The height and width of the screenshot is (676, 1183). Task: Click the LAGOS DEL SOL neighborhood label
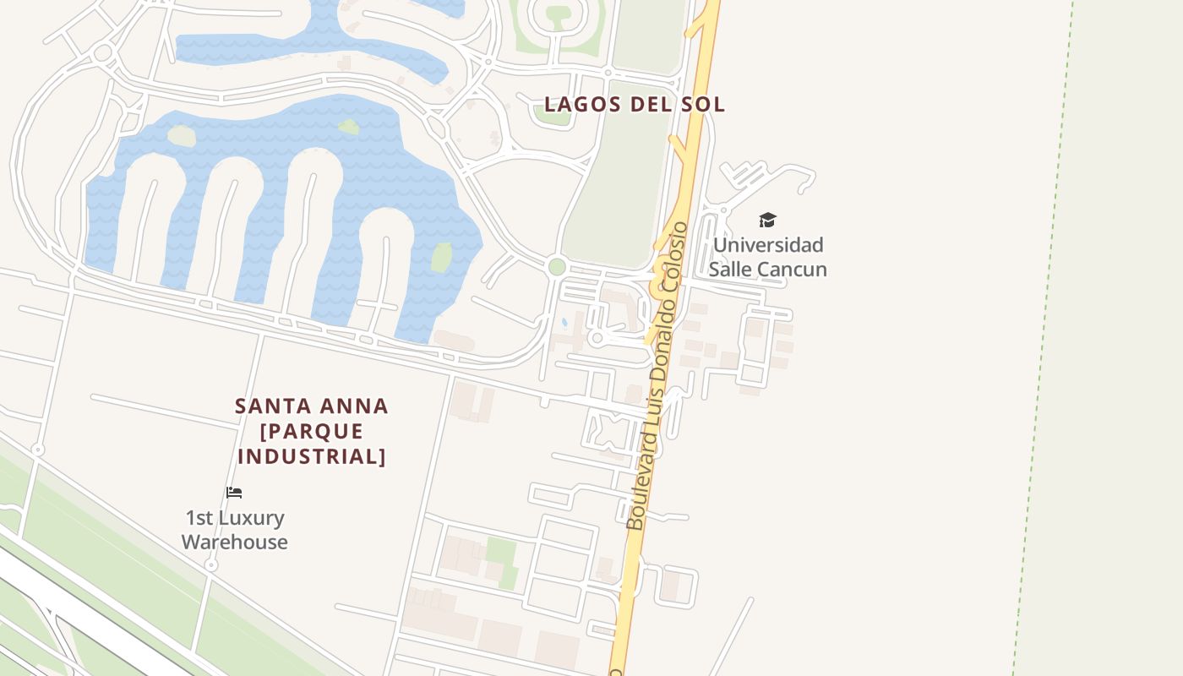point(634,104)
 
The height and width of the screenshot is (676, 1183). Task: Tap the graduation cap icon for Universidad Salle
point(767,220)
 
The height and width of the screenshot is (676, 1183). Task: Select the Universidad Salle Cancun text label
point(767,257)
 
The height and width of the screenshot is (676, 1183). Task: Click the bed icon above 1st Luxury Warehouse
point(234,492)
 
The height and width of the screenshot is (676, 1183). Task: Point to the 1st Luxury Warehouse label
point(235,530)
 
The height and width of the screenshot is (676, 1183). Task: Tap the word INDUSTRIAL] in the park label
point(312,456)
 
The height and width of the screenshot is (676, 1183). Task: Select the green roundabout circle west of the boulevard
point(556,267)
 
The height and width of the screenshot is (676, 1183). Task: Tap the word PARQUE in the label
point(312,431)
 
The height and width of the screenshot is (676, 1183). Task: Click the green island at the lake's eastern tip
point(442,256)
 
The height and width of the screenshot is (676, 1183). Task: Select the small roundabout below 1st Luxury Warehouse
point(211,564)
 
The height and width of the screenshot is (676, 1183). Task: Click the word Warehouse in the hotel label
point(235,542)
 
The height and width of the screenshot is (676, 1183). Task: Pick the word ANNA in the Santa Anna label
point(352,406)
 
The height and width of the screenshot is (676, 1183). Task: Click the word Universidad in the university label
point(767,245)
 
